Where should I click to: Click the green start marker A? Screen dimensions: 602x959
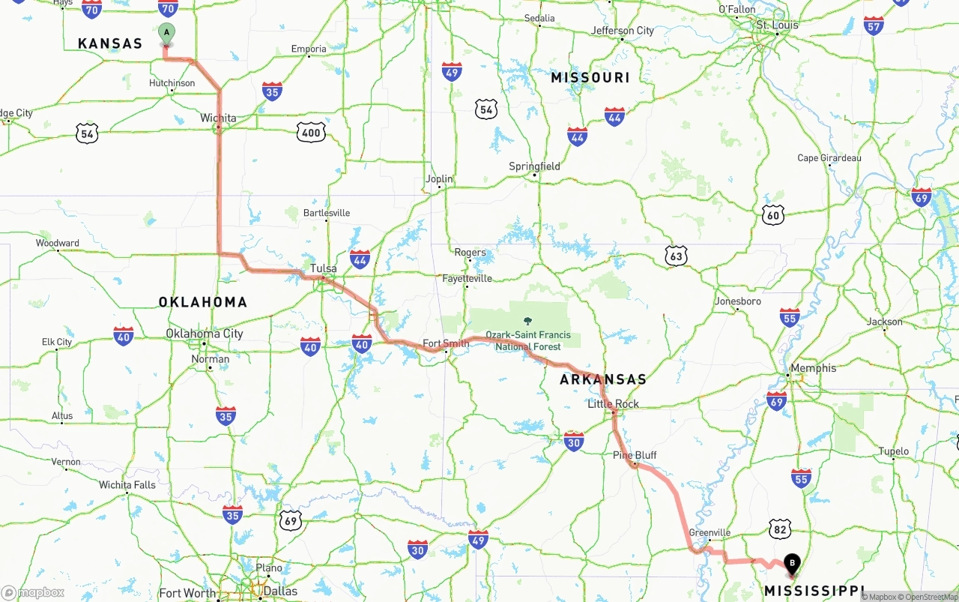click(166, 33)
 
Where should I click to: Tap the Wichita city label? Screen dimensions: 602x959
click(218, 118)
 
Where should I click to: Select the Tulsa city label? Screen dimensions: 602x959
click(324, 268)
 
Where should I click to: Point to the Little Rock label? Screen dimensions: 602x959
click(613, 403)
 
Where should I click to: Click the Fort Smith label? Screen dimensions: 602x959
click(446, 343)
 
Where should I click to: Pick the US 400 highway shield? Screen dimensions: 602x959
click(310, 133)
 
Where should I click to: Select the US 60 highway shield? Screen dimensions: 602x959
click(773, 216)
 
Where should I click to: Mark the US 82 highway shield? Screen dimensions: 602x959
click(780, 529)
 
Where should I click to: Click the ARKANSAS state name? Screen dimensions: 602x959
click(602, 379)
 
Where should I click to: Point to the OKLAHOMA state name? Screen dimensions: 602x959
click(202, 302)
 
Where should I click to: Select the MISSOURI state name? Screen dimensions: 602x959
click(590, 78)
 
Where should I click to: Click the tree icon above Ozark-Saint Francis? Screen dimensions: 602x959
click(527, 321)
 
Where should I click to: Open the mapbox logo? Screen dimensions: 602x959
click(33, 592)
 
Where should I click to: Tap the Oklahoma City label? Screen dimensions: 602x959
click(205, 333)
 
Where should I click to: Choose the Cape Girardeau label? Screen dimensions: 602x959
click(829, 158)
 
